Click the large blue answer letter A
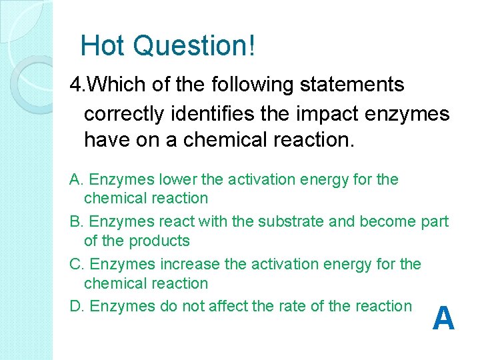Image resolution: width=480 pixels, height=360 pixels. point(443,319)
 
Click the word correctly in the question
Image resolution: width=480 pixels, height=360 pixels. point(123,114)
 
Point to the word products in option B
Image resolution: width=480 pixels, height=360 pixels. point(159,241)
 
